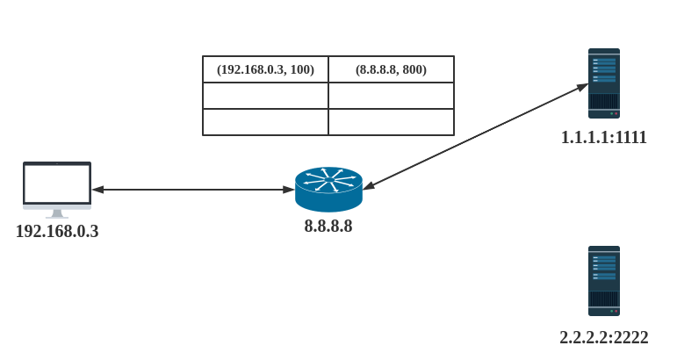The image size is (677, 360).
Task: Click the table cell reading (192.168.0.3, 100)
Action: click(x=265, y=69)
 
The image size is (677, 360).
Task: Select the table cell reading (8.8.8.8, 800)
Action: click(x=391, y=69)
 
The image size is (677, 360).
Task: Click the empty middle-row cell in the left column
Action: click(x=265, y=96)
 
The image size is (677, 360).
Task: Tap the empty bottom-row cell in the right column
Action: click(x=391, y=122)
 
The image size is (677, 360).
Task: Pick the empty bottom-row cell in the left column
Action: click(x=265, y=122)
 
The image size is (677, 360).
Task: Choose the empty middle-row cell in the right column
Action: click(x=391, y=96)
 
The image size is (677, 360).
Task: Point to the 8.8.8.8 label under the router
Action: click(x=328, y=227)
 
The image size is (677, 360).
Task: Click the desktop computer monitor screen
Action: click(x=57, y=184)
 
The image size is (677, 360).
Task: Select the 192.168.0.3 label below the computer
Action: click(x=57, y=233)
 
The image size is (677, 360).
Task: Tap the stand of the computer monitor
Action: click(x=57, y=213)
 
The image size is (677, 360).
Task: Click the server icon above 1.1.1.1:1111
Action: click(x=604, y=83)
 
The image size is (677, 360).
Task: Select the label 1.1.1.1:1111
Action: click(x=604, y=138)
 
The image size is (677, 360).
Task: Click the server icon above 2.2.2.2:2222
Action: click(x=604, y=281)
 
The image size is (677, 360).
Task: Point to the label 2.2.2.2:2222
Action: click(x=604, y=337)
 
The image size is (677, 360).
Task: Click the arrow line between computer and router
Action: click(x=193, y=189)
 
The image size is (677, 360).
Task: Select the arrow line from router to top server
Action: click(x=474, y=136)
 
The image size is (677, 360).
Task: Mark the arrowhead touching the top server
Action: click(x=582, y=86)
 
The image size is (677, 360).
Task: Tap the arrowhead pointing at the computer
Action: click(x=97, y=189)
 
